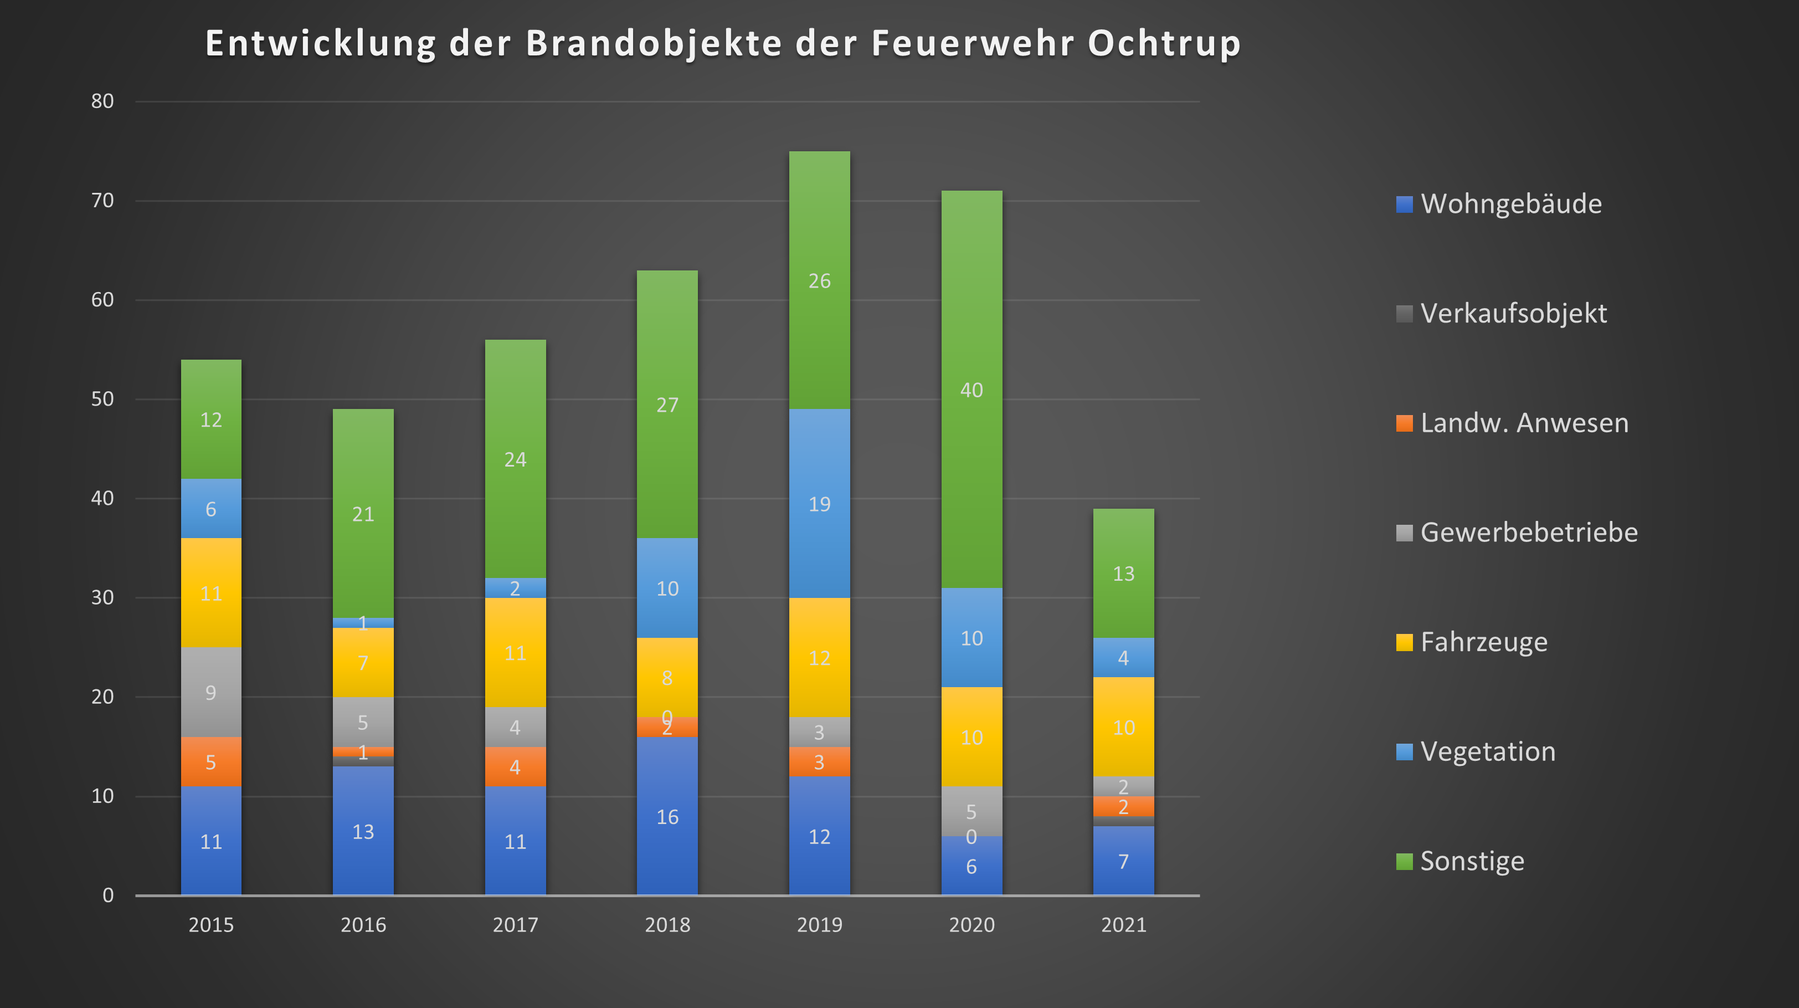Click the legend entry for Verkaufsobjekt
1513,314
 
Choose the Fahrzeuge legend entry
1483,642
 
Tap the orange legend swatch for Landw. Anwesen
1404,423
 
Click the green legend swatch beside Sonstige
1404,861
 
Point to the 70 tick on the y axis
102,201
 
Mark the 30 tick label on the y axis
102,598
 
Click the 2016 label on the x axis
363,925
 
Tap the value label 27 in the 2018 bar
667,405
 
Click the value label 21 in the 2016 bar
363,515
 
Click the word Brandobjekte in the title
654,43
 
